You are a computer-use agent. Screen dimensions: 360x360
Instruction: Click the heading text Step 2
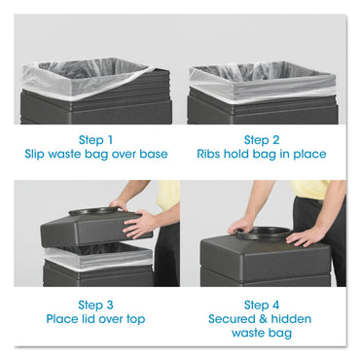click(263, 139)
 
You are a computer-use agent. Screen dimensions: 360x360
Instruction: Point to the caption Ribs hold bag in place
click(263, 154)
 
